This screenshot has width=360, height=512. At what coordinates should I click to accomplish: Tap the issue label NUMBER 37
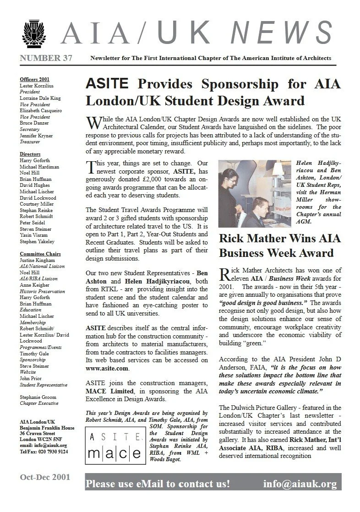pos(46,58)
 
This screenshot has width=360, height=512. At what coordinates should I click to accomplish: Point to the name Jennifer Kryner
pos(36,136)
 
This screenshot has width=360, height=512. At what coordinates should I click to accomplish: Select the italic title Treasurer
pos(30,142)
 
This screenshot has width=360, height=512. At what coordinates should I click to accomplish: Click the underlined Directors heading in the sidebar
pos(30,154)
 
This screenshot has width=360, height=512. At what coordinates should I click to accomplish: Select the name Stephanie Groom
pos(38,397)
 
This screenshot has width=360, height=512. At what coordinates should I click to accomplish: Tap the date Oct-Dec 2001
pos(45,477)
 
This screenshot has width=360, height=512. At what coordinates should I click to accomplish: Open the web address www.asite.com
pos(107,368)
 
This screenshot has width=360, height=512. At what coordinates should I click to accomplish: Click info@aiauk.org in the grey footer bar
pos(300,484)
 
